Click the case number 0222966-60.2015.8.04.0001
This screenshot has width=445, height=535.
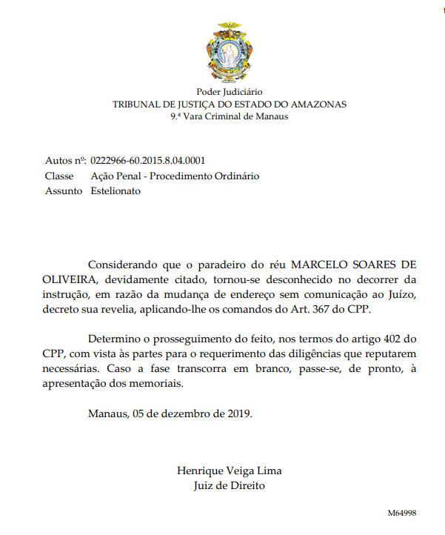(147, 161)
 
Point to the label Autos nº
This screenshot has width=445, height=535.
(65, 161)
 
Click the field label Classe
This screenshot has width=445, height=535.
(59, 176)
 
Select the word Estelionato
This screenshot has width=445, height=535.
(116, 190)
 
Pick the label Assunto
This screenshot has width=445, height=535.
(64, 190)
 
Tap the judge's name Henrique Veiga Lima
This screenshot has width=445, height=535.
(229, 471)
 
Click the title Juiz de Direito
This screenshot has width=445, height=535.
(229, 485)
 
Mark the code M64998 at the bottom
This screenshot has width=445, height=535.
(402, 513)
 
